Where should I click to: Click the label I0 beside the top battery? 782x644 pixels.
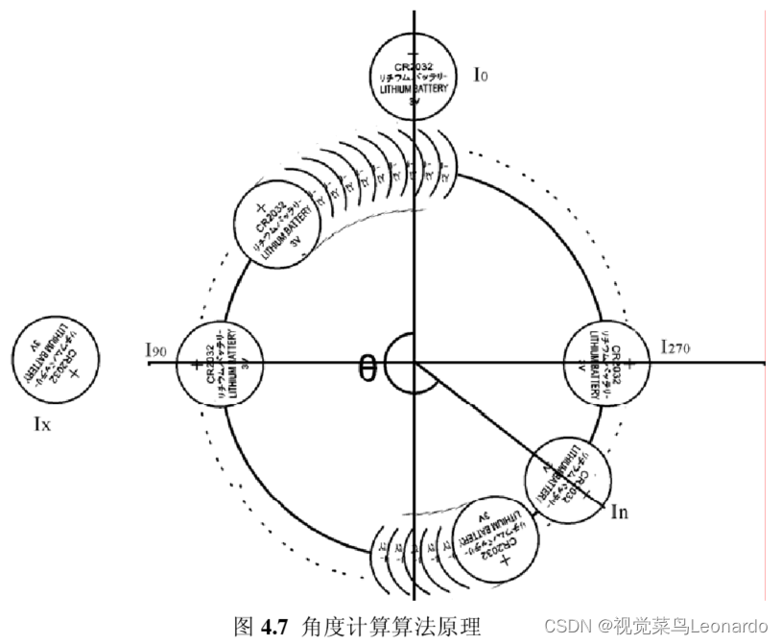481,74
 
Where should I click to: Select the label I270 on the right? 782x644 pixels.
676,346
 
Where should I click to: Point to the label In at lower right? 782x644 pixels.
620,512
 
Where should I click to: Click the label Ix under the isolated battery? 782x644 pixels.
41,422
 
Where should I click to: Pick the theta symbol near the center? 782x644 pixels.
367,367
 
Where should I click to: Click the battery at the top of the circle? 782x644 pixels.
413,75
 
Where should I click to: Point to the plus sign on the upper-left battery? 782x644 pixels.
259,207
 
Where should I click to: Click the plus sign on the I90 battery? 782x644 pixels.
197,365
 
